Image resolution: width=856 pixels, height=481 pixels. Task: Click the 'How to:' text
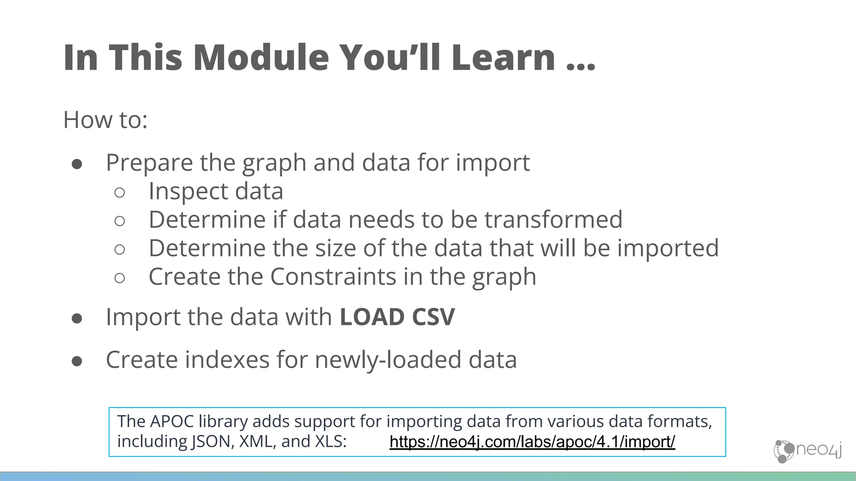(x=105, y=120)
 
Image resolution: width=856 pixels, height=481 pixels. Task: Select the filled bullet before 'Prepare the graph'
(x=77, y=164)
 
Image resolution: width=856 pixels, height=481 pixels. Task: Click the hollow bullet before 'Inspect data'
(x=120, y=192)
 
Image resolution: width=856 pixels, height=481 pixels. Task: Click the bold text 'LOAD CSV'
(x=397, y=317)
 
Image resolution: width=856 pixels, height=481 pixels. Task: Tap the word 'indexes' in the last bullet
(x=227, y=359)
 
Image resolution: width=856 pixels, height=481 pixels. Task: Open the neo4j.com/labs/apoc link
(x=532, y=442)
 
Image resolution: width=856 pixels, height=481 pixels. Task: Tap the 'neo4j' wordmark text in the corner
(x=818, y=450)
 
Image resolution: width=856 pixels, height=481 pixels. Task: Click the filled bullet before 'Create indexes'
(x=77, y=361)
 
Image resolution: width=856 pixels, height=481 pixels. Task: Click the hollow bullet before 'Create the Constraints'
(x=120, y=278)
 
